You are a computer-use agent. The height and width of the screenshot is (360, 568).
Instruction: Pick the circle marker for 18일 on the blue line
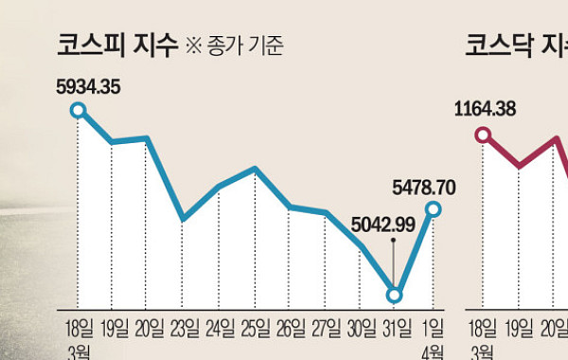[78, 112]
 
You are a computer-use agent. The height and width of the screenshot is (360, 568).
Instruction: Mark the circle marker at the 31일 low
[396, 296]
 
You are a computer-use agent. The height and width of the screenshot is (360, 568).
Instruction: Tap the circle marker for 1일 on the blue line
[433, 208]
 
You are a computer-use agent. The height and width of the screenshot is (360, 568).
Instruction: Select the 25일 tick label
[255, 330]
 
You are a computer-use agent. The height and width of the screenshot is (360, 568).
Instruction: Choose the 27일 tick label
[326, 330]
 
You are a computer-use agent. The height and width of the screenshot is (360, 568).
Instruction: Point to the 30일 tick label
[361, 330]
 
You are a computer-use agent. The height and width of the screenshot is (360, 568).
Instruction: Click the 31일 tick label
[397, 330]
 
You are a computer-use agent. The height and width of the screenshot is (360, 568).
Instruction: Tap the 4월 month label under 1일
[431, 351]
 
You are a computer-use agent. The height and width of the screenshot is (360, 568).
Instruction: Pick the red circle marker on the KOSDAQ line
[484, 135]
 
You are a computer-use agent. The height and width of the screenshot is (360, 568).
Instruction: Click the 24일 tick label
[219, 330]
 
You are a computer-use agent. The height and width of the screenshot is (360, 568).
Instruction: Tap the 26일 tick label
[290, 330]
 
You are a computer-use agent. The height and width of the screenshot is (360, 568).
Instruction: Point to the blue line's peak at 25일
[255, 169]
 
